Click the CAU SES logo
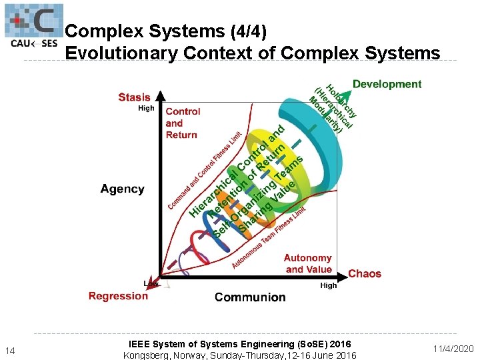33,27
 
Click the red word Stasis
134,97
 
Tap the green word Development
387,84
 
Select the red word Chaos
365,273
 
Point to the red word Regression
118,296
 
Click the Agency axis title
122,189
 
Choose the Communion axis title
250,297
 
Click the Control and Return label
181,123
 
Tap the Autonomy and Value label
308,263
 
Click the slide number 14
10,351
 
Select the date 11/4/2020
453,349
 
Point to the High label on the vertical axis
146,108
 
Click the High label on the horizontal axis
329,285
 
